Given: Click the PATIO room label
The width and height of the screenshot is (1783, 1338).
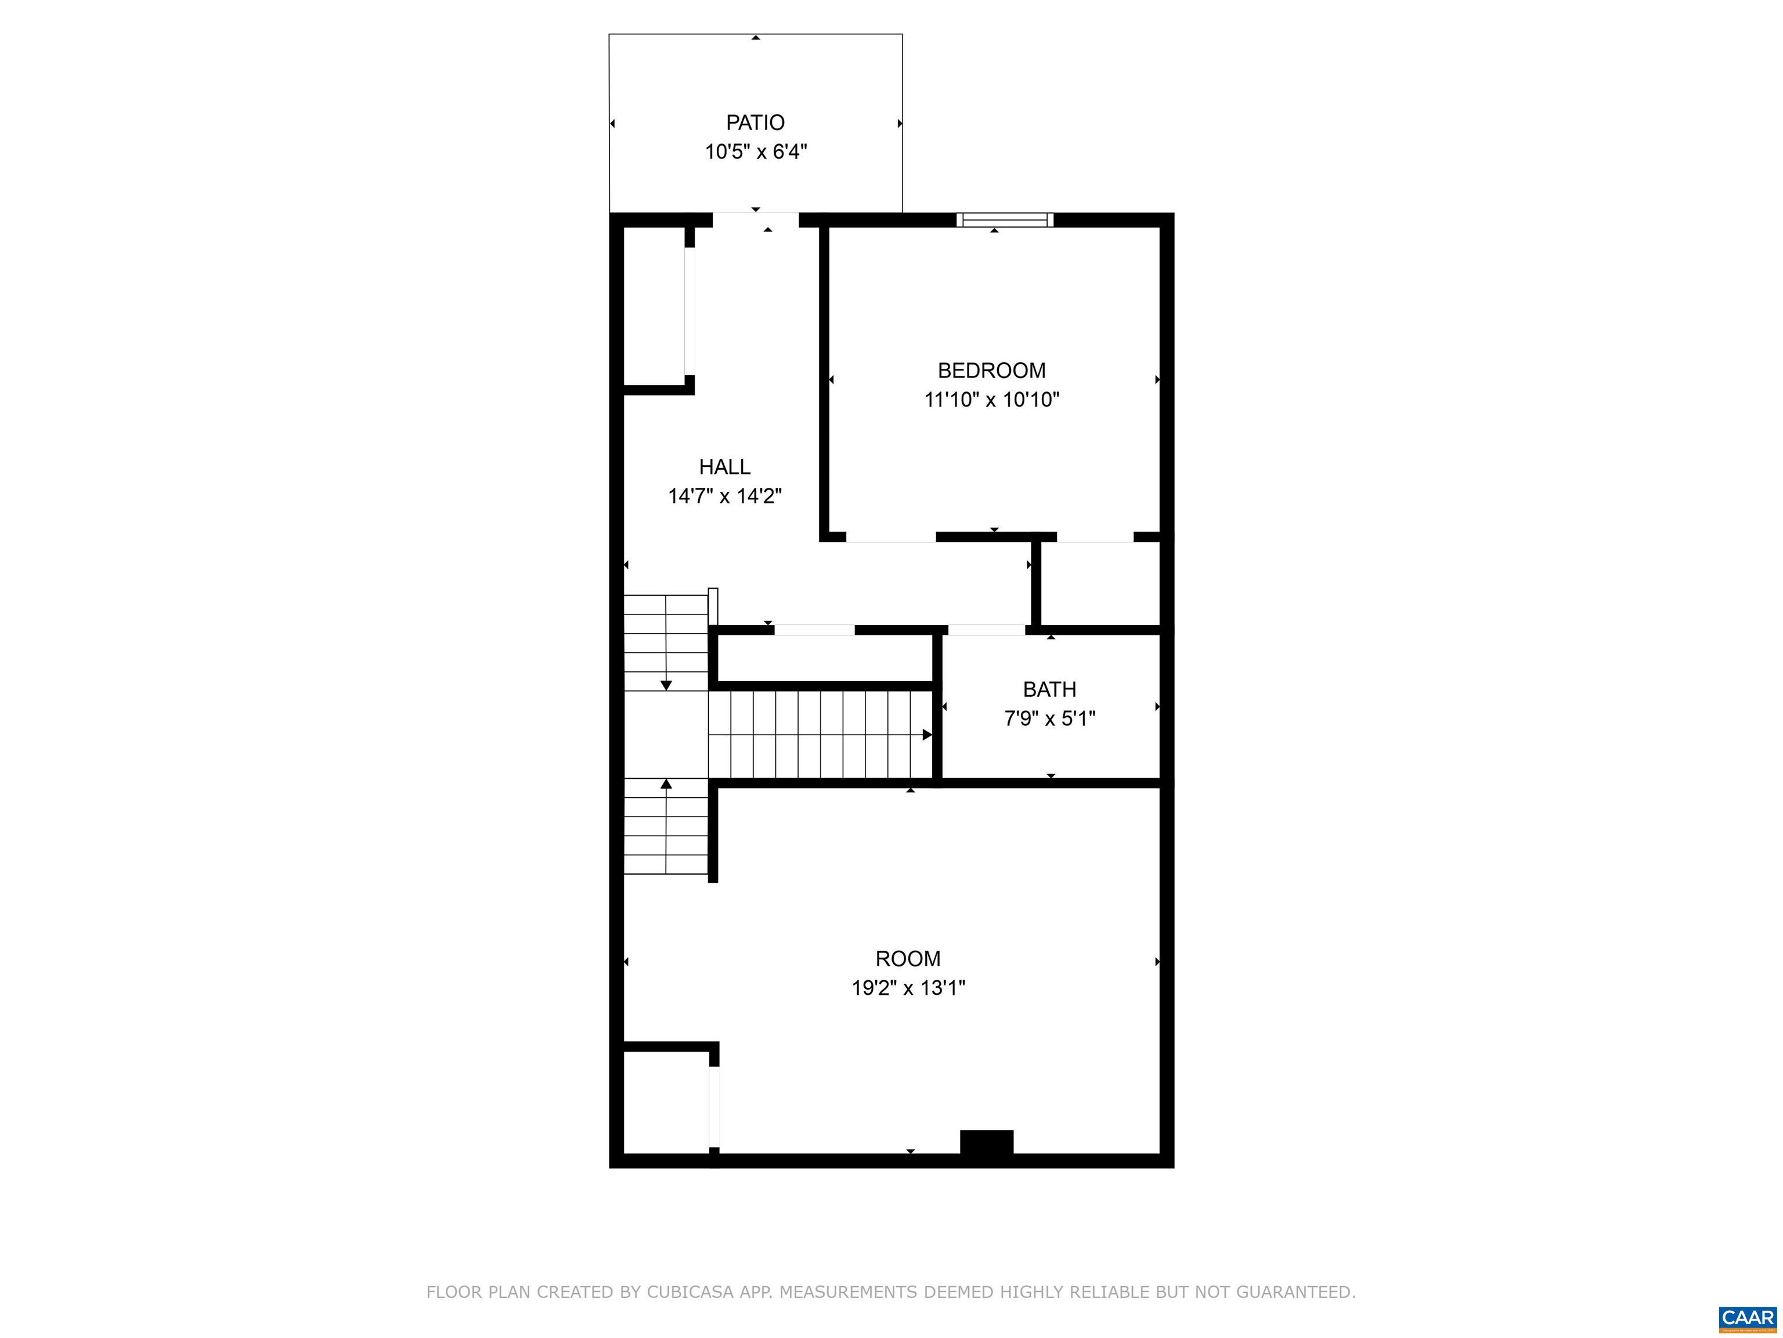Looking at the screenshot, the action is tap(755, 123).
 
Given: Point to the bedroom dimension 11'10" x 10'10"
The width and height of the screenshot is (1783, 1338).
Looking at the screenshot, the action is tap(991, 399).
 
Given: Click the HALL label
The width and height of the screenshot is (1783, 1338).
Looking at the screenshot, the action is tap(725, 466).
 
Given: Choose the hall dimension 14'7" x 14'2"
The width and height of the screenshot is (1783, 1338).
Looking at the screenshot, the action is tap(725, 496).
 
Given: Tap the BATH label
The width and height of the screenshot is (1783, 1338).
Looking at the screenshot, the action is tap(1049, 689).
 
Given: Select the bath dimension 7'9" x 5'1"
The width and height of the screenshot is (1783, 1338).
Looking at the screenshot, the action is tap(1049, 718).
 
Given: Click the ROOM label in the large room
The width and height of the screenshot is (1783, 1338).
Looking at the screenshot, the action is tap(908, 959).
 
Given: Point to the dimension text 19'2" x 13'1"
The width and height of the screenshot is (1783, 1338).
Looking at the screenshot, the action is tap(908, 988).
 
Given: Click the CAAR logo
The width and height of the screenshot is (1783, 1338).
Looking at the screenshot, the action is tap(1748, 1317).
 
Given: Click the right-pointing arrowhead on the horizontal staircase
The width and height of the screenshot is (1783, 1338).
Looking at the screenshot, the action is tap(927, 735).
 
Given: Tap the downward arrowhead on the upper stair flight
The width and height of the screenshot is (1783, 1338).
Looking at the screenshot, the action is tap(666, 685).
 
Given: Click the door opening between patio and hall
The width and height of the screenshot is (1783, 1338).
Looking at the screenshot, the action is tap(755, 220).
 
